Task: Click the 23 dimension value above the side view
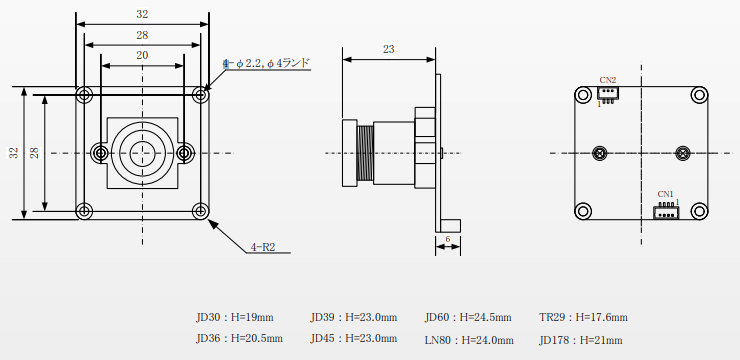[x=388, y=49]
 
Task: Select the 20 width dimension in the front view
[x=142, y=55]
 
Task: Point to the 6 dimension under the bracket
[x=447, y=239]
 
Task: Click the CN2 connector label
[x=607, y=80]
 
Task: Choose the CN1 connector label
[x=665, y=193]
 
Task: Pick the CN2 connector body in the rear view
[x=608, y=94]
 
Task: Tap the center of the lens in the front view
[x=142, y=153]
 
